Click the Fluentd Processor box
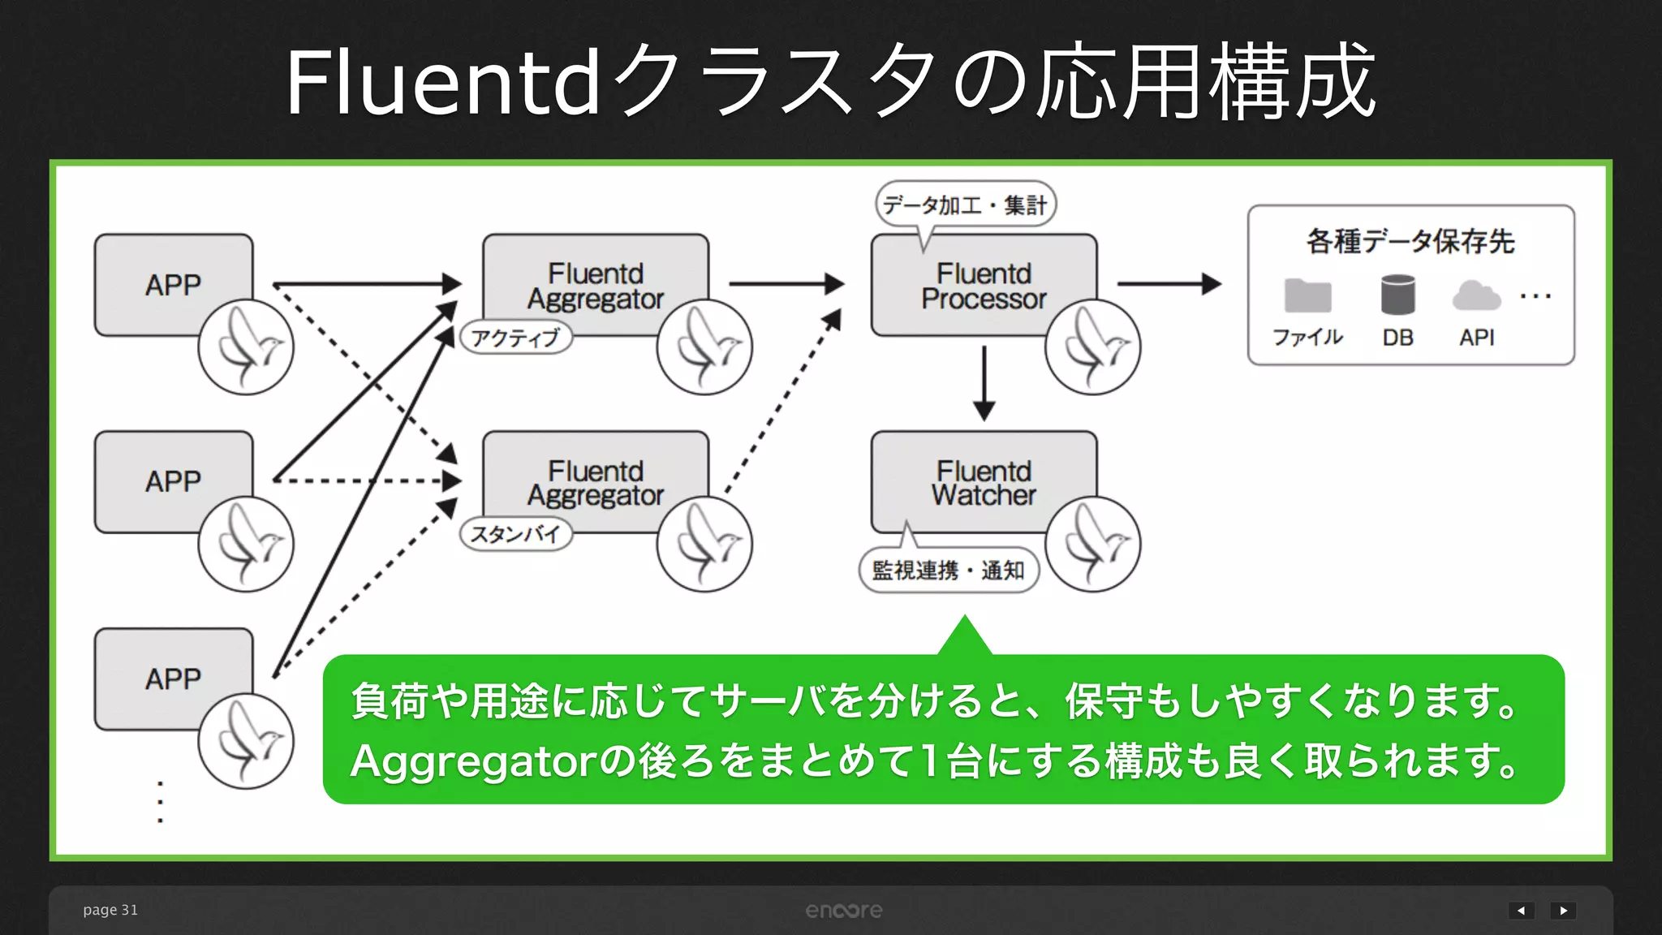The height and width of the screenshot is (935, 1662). click(x=984, y=286)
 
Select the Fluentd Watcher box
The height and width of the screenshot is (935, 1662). click(x=984, y=482)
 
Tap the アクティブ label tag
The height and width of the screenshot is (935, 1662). click(x=516, y=337)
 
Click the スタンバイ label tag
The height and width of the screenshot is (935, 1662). click(x=516, y=534)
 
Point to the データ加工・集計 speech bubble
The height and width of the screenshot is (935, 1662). click(x=965, y=205)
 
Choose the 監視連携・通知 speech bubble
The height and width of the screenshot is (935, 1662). click(x=948, y=571)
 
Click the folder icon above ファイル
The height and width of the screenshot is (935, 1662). click(x=1307, y=295)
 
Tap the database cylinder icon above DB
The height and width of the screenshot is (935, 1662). click(x=1397, y=295)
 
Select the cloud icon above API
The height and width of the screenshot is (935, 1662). click(x=1475, y=295)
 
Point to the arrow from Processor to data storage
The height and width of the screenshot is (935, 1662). click(x=1169, y=284)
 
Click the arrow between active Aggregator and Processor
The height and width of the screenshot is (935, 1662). click(x=786, y=284)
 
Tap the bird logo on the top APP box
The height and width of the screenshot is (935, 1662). click(x=246, y=347)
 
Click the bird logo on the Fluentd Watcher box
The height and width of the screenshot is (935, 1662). click(x=1092, y=544)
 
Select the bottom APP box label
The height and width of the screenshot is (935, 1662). click(x=173, y=679)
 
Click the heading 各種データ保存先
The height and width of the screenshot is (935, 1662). click(x=1410, y=241)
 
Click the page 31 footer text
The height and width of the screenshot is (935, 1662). click(x=110, y=910)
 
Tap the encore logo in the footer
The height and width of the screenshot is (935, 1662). click(x=843, y=911)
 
